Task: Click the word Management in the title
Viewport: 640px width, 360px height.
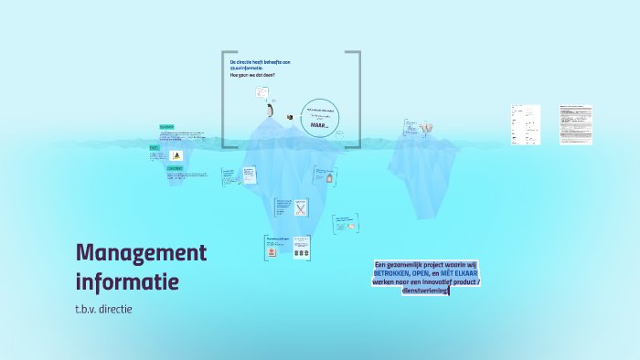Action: (x=142, y=252)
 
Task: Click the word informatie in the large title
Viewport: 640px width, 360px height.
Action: (x=127, y=281)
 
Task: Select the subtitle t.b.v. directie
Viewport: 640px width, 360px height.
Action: (x=104, y=309)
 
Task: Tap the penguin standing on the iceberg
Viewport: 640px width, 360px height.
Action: (x=270, y=111)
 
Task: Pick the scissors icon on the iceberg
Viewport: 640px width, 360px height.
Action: (x=300, y=207)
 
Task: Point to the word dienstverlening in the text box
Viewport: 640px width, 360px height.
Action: (x=425, y=291)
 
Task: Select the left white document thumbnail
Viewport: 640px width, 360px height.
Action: (x=525, y=124)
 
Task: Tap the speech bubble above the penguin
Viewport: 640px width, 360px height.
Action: (x=262, y=92)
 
